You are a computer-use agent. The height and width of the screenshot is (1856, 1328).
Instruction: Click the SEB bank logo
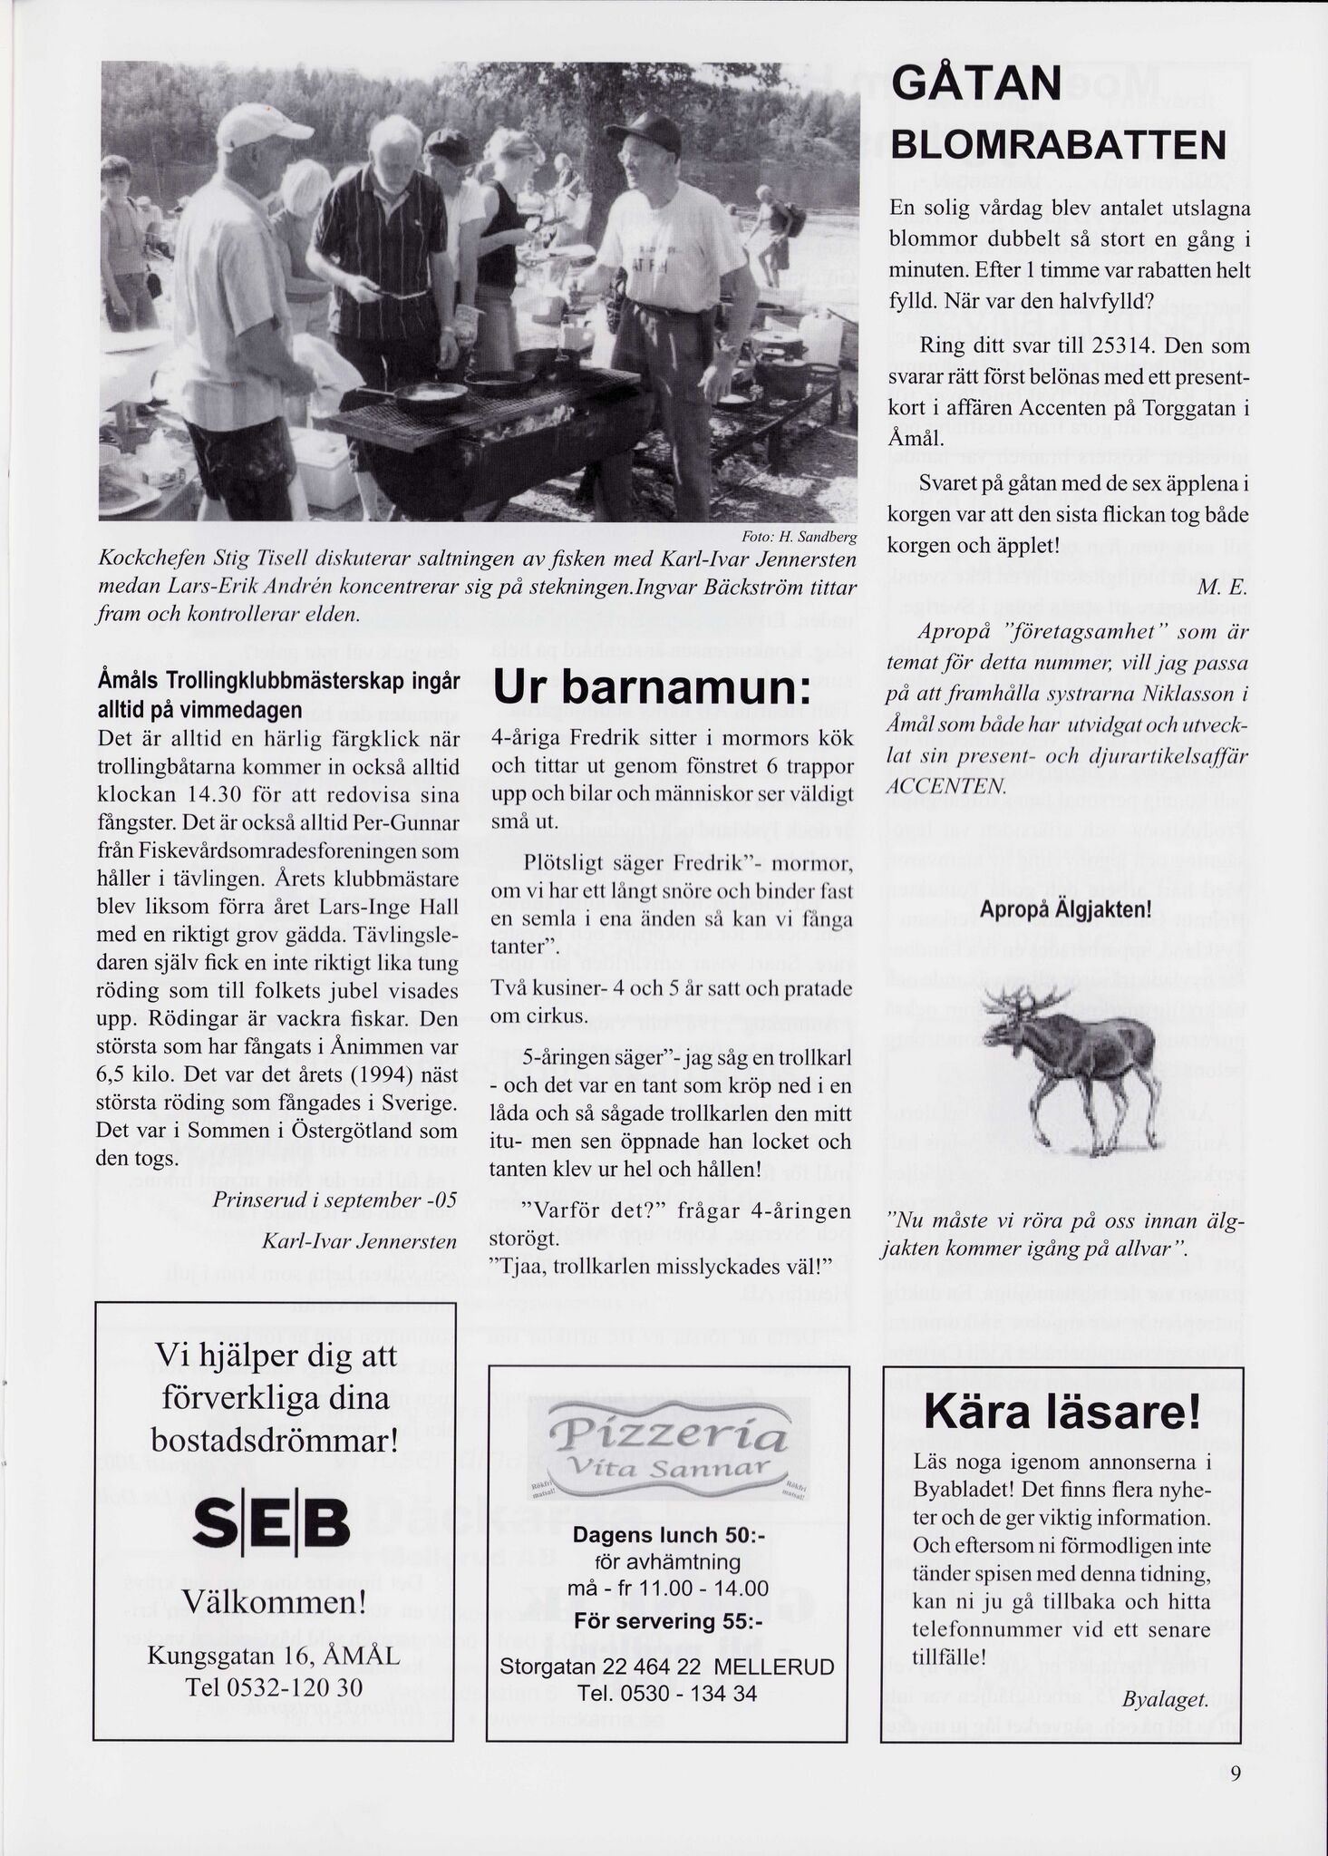coord(272,1526)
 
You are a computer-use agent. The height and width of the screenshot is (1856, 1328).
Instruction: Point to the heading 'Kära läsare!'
coord(1062,1414)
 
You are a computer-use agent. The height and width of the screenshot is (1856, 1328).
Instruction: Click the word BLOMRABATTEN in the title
coord(1058,145)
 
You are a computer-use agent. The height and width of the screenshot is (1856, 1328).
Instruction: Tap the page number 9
coord(1236,1776)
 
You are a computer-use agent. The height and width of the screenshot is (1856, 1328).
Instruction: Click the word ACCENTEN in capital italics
coord(945,784)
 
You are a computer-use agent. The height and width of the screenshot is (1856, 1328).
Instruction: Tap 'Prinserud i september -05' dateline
coord(334,1200)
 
